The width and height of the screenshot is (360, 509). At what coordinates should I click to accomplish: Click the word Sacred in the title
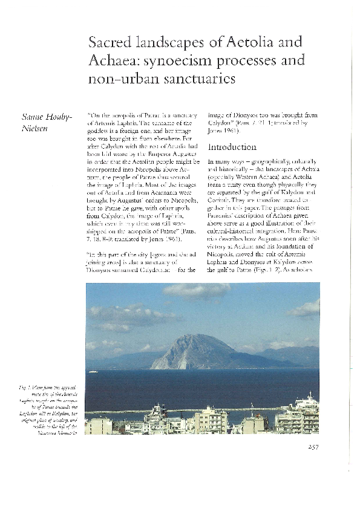click(108, 43)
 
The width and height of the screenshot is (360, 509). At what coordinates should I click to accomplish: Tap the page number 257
click(310, 447)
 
